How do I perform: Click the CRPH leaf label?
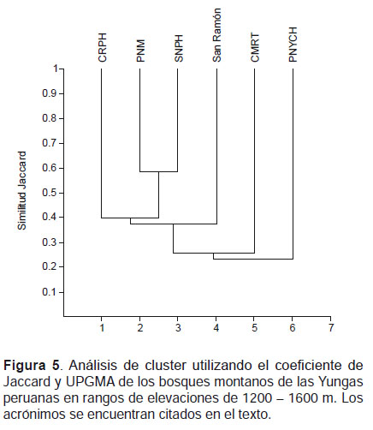click(x=102, y=47)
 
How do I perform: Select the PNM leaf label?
click(x=140, y=51)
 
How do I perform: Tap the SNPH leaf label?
click(x=179, y=48)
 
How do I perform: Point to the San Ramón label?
click(x=216, y=35)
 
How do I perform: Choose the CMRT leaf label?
click(x=255, y=47)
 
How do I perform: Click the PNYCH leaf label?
click(x=293, y=45)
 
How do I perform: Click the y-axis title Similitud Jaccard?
click(x=21, y=190)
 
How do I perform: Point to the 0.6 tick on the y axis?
click(x=49, y=168)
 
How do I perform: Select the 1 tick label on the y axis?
click(x=56, y=69)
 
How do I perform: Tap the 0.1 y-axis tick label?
click(x=49, y=292)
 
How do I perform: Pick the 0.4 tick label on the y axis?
click(x=49, y=218)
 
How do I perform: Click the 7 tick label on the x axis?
click(x=331, y=328)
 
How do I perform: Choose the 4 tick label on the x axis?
click(x=216, y=328)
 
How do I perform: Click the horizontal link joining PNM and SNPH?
click(x=158, y=171)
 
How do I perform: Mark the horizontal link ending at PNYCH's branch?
click(x=253, y=259)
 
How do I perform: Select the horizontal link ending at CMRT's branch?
click(x=214, y=253)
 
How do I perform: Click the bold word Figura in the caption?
click(x=25, y=366)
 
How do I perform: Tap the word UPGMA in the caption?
click(x=89, y=382)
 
